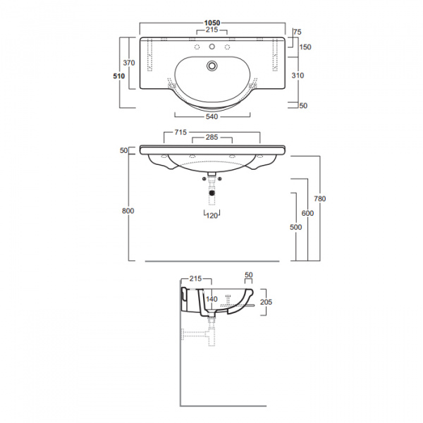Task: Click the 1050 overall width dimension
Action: pos(212,23)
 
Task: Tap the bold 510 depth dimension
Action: pos(119,76)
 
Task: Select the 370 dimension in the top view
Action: pos(129,63)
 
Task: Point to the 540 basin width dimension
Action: pos(211,116)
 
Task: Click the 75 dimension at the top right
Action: pos(297,32)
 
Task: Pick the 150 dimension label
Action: pos(305,47)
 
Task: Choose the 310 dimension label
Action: pos(298,75)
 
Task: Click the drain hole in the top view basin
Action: pos(212,65)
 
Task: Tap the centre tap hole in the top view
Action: pos(212,47)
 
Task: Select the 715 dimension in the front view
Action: pos(180,133)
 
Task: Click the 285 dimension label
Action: pos(211,137)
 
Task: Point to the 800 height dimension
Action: pos(128,211)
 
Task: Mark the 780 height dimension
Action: pos(320,199)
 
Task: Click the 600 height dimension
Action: pos(307,213)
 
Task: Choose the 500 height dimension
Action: pos(295,227)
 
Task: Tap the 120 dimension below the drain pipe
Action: pos(211,216)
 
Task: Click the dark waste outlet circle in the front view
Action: pos(212,192)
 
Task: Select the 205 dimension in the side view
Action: pos(266,302)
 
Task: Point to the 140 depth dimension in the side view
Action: pos(211,299)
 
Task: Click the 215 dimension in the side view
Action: pos(195,278)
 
